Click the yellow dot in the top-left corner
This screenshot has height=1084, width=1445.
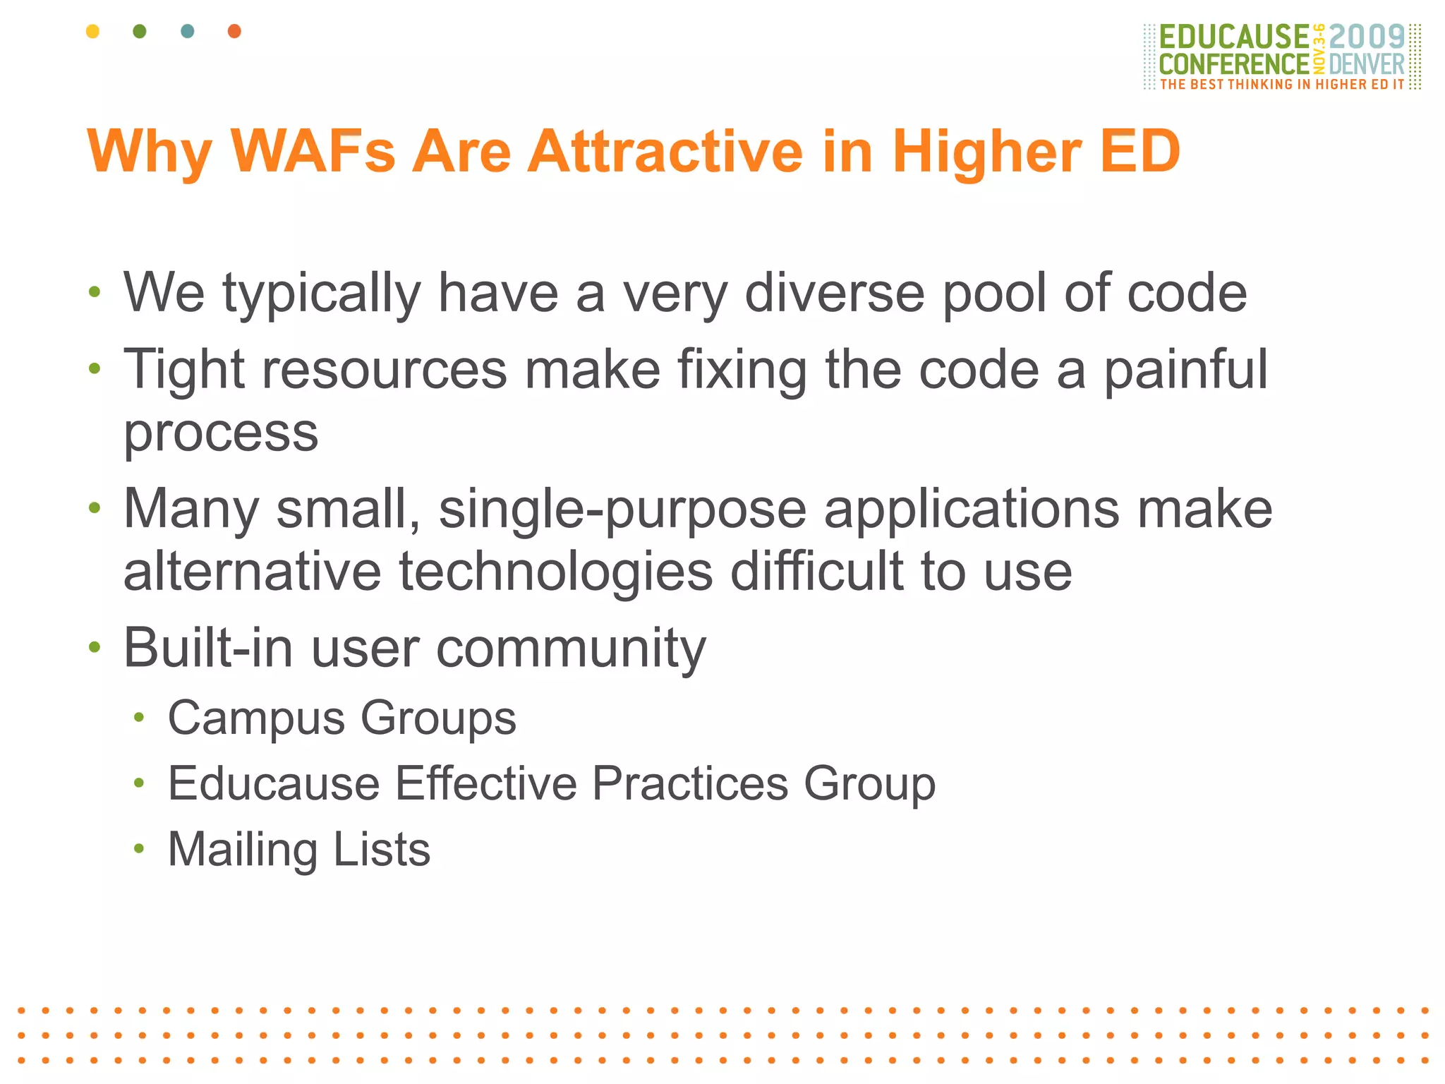(x=92, y=31)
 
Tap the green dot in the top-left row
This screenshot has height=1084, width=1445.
(x=140, y=31)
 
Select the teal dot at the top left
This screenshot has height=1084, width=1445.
(x=188, y=31)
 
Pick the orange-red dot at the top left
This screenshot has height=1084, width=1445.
(x=235, y=31)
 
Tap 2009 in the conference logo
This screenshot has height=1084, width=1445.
(x=1367, y=37)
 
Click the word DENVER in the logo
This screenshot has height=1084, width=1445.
(x=1367, y=65)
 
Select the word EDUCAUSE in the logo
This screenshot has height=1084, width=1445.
(x=1234, y=37)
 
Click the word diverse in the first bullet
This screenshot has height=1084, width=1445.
(x=834, y=293)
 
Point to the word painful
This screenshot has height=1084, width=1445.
(x=1185, y=369)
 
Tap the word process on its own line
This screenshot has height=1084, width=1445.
(x=221, y=433)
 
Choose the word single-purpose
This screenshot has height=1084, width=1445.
(x=622, y=509)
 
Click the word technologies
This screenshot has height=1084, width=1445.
(x=556, y=571)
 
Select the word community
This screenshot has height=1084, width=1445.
(x=571, y=648)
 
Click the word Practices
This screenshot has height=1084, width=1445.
(x=689, y=783)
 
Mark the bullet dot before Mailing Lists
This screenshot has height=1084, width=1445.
(x=139, y=849)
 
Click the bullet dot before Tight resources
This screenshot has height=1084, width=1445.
(x=95, y=368)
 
